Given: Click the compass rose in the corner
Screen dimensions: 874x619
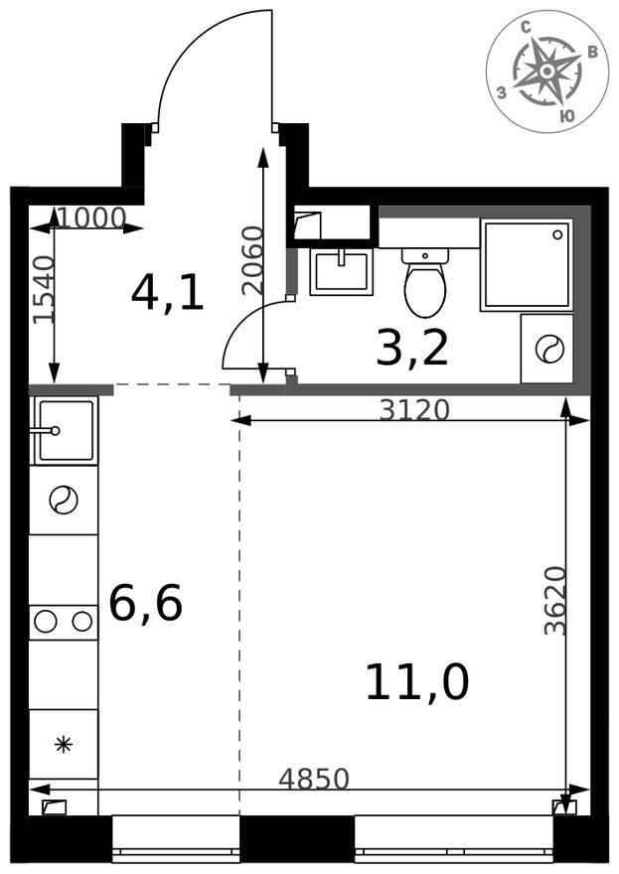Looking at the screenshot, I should pos(546,71).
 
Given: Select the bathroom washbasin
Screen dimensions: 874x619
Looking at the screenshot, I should pos(341,271).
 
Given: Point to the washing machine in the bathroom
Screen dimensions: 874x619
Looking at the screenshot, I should pos(547,349).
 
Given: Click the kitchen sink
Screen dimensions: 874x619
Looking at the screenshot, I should pos(65,430).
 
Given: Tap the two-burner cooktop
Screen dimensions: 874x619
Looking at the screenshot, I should pos(64,622).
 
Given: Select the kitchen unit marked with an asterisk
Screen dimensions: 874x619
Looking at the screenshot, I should pos(64,744).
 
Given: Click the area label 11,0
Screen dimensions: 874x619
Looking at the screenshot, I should pos(416,682).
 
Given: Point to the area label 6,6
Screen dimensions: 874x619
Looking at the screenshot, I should pos(145,603).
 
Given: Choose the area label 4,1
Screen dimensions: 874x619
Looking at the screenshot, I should pos(168,293).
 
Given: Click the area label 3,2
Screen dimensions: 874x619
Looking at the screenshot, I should pos(412,347).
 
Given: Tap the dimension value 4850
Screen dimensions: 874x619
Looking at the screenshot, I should pos(314,779).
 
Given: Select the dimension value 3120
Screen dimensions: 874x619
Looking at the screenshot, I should pos(415,409).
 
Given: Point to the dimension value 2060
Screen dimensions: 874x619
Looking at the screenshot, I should pos(252,260).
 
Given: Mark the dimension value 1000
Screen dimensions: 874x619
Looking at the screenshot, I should pos(90,217).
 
